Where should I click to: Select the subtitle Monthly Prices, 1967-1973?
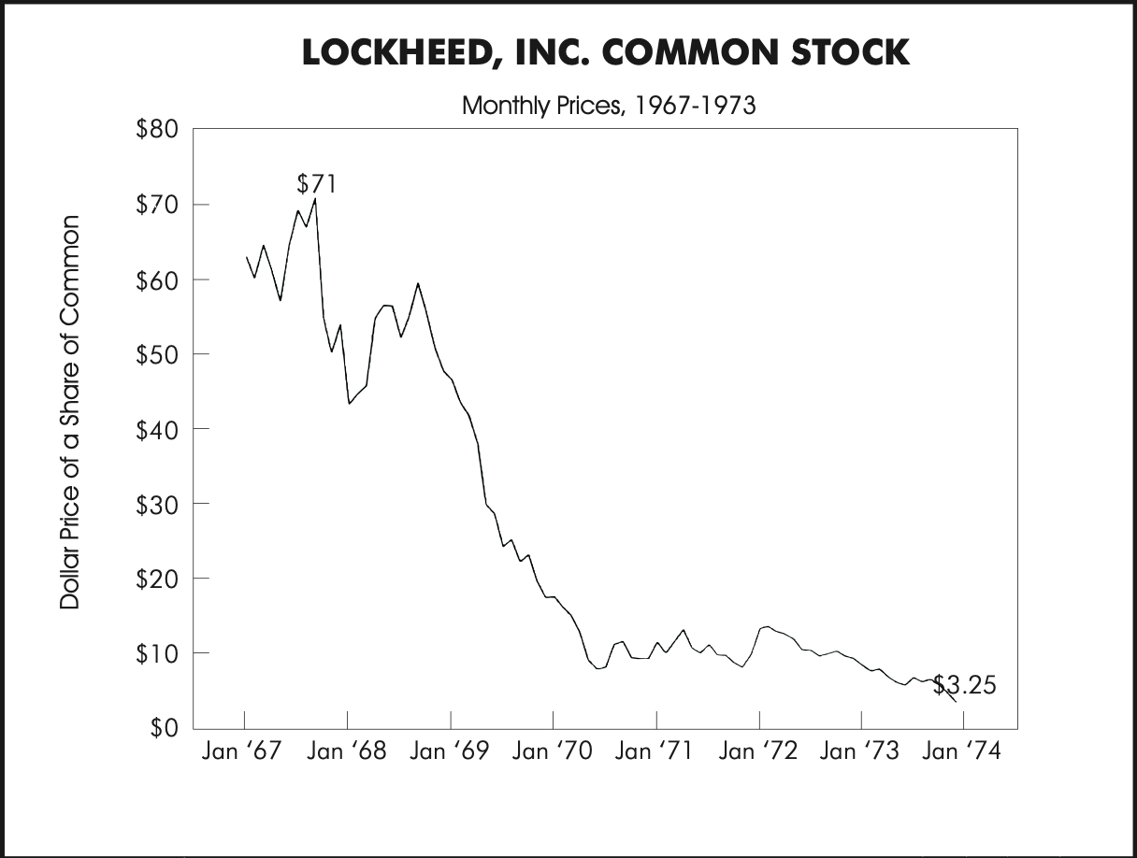click(609, 105)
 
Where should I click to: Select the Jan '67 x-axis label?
click(241, 752)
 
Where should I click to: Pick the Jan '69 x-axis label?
click(448, 752)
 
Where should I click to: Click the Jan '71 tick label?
click(655, 752)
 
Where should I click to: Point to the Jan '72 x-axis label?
click(758, 752)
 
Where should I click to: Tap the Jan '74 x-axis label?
click(961, 752)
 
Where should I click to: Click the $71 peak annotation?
click(316, 183)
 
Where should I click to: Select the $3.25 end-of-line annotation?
click(965, 686)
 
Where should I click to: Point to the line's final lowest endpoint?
click(956, 702)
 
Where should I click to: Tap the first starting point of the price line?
click(247, 257)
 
